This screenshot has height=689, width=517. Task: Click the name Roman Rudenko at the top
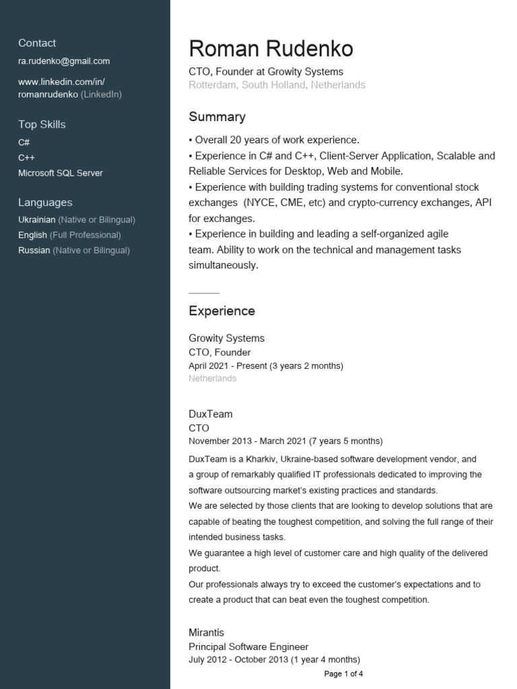(271, 48)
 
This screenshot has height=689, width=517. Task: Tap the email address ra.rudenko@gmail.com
(64, 61)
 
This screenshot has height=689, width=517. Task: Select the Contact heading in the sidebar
(37, 43)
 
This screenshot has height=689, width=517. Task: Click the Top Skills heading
(42, 124)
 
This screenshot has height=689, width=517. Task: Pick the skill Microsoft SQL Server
(61, 173)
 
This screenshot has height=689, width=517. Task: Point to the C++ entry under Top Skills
(27, 157)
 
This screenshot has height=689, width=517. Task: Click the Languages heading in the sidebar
(45, 203)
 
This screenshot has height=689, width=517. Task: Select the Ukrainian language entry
(77, 220)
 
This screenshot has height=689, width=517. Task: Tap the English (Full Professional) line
(69, 235)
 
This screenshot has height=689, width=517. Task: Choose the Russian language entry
(74, 250)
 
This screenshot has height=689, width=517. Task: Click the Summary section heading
(217, 117)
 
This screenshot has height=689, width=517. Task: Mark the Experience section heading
(221, 312)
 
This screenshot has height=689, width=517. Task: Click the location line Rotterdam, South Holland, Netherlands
(277, 85)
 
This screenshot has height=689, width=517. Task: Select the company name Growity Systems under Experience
(226, 338)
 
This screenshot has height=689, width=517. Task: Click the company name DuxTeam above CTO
(210, 414)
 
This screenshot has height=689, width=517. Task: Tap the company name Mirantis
(206, 633)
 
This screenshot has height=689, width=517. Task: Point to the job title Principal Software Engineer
(248, 647)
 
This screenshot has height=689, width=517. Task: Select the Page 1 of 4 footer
(343, 674)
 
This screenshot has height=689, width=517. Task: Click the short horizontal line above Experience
(204, 293)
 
